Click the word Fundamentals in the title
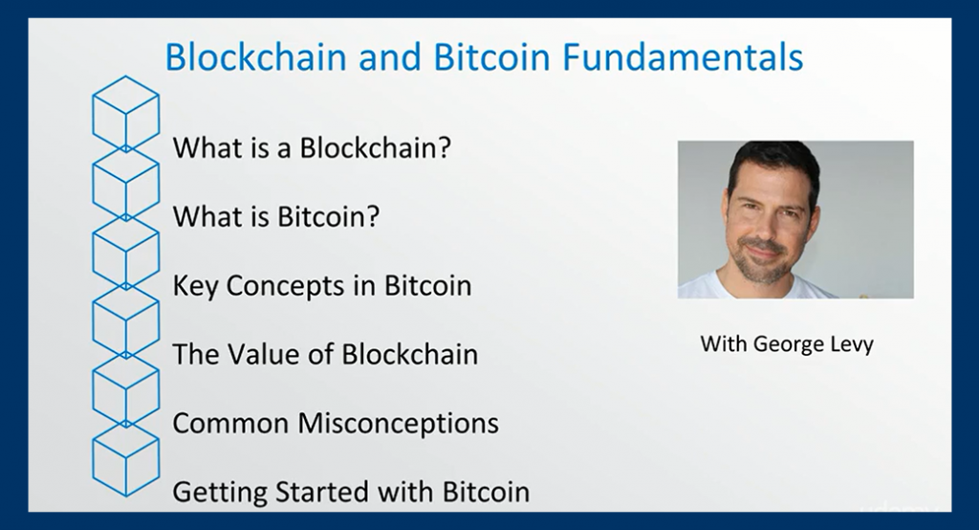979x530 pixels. [x=683, y=56]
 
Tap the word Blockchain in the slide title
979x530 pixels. [x=256, y=56]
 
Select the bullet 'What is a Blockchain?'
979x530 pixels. [x=312, y=148]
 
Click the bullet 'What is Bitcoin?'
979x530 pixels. [x=276, y=217]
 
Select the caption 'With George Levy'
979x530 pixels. [x=787, y=344]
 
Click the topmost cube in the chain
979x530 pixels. [x=125, y=113]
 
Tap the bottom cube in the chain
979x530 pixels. [x=125, y=460]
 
